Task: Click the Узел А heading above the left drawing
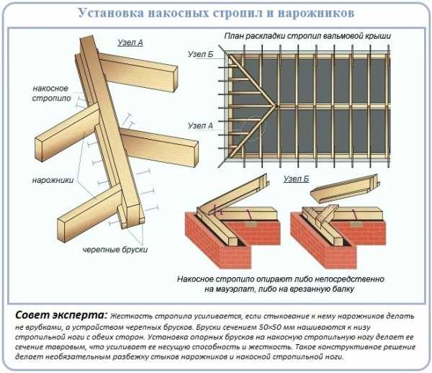(x=130, y=43)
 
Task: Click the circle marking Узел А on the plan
(x=251, y=129)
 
